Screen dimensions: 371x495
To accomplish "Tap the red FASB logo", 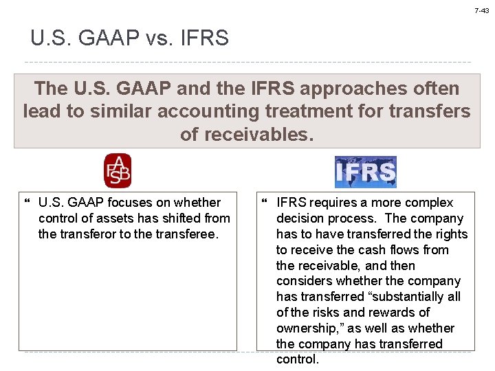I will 117,171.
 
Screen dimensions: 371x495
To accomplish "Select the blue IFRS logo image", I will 365,172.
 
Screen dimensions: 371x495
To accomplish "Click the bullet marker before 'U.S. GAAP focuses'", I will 27,203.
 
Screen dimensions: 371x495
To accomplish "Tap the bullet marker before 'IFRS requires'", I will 265,203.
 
